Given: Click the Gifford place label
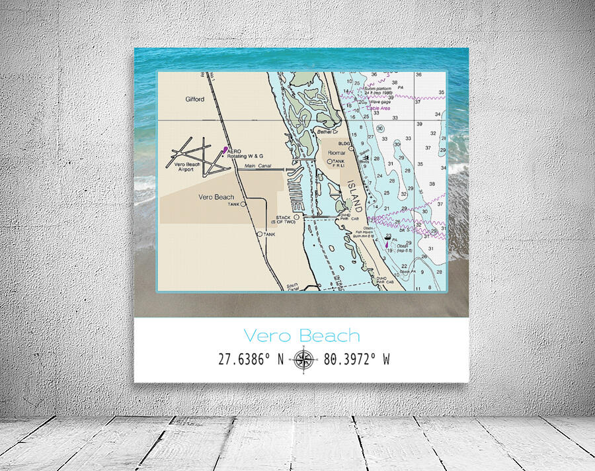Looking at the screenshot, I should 194,99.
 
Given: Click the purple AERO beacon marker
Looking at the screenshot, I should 225,150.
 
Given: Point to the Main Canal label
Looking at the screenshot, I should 258,166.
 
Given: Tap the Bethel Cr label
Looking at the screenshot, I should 327,132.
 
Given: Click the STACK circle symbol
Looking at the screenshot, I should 297,217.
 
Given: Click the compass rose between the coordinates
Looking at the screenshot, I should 303,359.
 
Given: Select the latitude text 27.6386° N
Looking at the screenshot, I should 251,359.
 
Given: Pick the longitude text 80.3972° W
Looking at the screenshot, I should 356,359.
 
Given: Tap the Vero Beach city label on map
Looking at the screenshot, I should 216,197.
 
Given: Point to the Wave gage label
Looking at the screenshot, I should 379,102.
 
